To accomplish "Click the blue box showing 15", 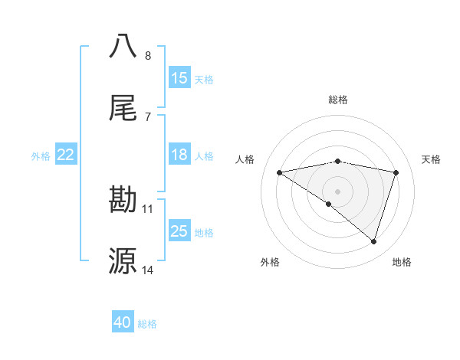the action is (x=179, y=78).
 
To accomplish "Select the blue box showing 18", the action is (x=179, y=155).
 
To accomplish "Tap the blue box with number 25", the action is (x=179, y=231).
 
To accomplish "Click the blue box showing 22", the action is (x=66, y=155).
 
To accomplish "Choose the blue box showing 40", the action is (x=123, y=322).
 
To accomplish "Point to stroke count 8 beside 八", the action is (x=148, y=56).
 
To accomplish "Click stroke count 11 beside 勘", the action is (x=148, y=208).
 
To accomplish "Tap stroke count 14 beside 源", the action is (x=148, y=270).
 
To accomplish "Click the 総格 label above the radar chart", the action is (x=338, y=100).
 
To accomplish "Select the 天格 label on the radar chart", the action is (x=432, y=159).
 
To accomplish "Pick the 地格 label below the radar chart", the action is (x=402, y=262).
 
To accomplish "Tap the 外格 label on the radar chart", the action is (x=270, y=262).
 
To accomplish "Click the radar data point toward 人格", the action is (x=280, y=172).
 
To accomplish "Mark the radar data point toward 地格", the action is (x=374, y=241).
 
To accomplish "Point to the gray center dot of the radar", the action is (x=338, y=191).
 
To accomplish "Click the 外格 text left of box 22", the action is (x=41, y=155).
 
